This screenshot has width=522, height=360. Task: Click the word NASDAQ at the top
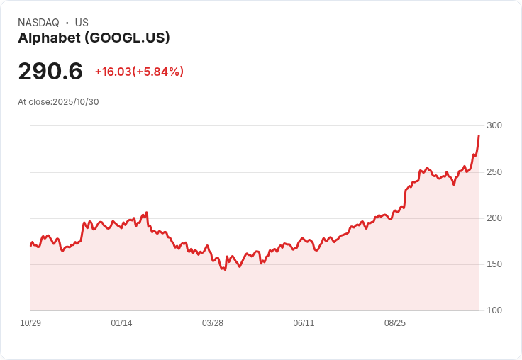click(38, 23)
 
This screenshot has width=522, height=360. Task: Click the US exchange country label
click(82, 23)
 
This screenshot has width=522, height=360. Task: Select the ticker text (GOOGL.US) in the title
click(127, 38)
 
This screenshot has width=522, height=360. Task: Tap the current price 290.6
click(50, 71)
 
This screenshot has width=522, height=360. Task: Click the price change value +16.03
click(113, 72)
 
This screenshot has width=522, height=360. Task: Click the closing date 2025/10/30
click(76, 102)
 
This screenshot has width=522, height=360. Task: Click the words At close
click(34, 102)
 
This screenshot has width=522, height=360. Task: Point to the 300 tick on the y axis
click(494, 125)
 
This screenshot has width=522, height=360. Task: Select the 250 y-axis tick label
click(494, 172)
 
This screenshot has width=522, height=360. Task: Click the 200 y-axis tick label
click(494, 218)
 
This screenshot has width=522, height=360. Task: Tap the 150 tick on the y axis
click(494, 264)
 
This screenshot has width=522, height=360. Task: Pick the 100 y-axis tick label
click(494, 310)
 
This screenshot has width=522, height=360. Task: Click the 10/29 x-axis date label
click(30, 323)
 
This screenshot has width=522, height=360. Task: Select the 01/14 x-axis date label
click(121, 323)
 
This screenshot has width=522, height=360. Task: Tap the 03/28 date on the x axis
click(212, 323)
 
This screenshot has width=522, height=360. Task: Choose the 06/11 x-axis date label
click(304, 323)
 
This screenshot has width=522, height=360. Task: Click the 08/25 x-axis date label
click(395, 323)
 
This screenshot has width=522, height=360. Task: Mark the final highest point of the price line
click(479, 135)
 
